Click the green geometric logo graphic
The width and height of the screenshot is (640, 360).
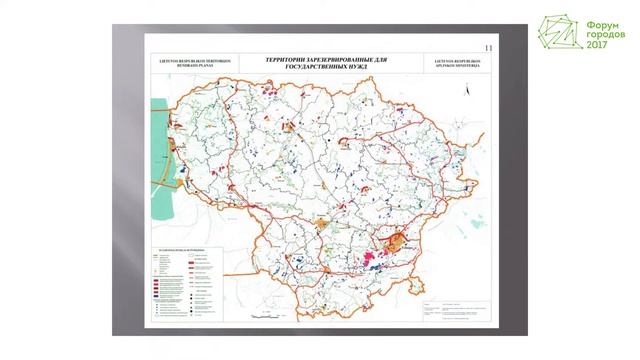pyautogui.click(x=560, y=35)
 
